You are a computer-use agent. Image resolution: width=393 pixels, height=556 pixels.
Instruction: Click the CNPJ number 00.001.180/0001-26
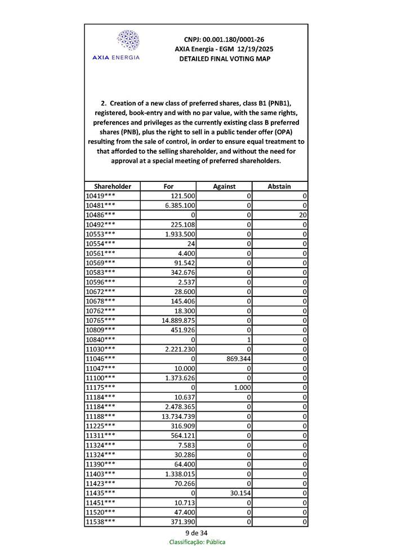pos(224,39)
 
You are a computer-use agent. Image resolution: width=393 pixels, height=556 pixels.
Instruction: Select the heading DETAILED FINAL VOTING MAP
pos(224,59)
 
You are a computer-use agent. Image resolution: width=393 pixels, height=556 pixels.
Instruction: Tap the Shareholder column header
pos(113,186)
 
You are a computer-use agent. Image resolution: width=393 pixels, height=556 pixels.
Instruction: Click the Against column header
pos(224,186)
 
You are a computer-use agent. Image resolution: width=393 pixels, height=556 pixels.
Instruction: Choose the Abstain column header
pos(280,186)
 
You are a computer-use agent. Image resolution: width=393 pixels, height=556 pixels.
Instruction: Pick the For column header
pos(168,186)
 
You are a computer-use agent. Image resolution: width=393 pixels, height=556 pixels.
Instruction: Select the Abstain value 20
pos(303,215)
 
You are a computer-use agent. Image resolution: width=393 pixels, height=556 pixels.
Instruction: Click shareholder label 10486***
pos(101,215)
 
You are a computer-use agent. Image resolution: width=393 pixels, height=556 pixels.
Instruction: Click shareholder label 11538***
pos(101,521)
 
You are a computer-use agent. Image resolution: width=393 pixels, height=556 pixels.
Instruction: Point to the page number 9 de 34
pos(196,532)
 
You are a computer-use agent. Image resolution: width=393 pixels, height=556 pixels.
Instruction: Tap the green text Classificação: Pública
pos(197,542)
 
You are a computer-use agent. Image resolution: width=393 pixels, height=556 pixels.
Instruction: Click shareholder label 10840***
pos(101,339)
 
